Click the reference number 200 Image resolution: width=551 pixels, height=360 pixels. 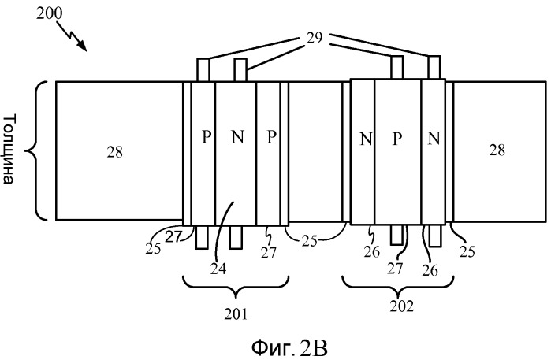[49, 13]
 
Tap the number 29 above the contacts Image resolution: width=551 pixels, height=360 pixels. [315, 38]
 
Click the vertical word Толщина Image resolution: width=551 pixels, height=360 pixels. [9, 149]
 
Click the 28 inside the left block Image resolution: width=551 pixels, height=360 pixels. [115, 152]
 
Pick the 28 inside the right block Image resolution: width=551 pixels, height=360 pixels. [497, 150]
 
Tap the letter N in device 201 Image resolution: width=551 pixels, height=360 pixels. [237, 136]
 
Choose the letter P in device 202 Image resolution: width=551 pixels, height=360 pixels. [397, 139]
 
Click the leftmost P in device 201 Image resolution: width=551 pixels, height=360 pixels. [207, 136]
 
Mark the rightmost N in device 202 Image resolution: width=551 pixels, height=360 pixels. [434, 138]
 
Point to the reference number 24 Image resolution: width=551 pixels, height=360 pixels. [218, 269]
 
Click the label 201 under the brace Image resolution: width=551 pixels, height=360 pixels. [236, 314]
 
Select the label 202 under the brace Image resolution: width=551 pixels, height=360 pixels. [402, 306]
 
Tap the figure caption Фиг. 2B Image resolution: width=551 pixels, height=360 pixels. [289, 348]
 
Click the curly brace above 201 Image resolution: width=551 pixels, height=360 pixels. [236, 288]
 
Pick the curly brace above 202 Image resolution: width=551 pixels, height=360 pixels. [398, 285]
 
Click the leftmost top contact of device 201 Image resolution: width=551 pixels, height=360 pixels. [203, 70]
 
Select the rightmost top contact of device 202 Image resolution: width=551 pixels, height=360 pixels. [434, 67]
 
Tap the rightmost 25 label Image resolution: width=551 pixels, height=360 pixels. [467, 251]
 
